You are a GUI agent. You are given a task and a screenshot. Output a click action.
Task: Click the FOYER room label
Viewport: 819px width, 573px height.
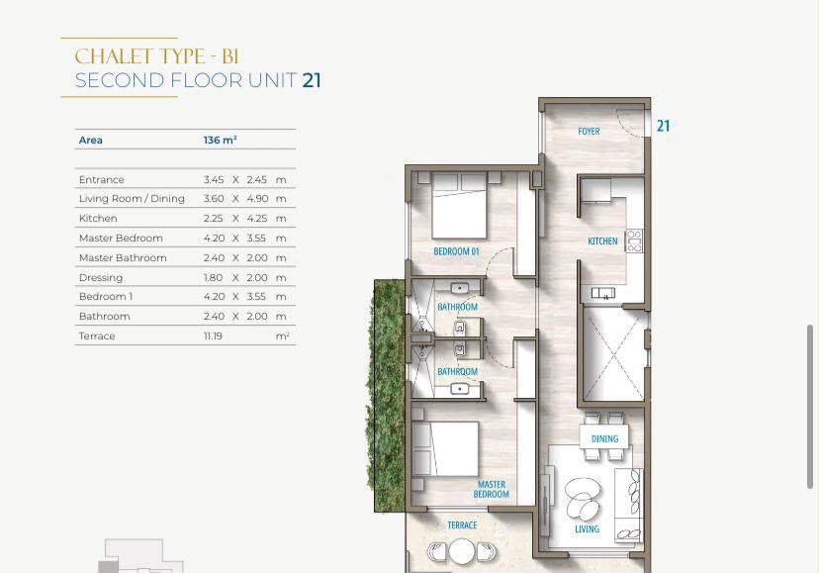589,132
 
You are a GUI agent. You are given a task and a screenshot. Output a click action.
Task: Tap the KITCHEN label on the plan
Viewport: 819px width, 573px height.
602,241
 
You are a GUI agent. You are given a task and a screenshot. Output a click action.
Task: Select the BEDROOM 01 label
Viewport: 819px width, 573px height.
456,251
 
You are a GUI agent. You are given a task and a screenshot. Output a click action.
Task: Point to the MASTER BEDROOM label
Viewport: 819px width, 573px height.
491,489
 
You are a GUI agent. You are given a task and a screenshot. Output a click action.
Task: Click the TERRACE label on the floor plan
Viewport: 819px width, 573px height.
462,525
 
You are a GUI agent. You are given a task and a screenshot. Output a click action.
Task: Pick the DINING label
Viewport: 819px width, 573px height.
604,438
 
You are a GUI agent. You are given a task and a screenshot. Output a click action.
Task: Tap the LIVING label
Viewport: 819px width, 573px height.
588,529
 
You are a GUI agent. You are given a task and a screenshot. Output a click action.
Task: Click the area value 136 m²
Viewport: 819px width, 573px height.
220,141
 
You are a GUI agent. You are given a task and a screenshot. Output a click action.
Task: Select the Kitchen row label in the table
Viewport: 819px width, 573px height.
98,218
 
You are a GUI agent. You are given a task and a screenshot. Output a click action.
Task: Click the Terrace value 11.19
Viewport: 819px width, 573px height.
213,336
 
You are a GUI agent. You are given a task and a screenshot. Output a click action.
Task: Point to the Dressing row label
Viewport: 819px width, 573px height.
101,278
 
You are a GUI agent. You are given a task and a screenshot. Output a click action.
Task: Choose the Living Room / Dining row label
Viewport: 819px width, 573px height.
132,199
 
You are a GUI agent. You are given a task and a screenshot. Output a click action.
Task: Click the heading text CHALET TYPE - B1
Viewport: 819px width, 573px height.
156,56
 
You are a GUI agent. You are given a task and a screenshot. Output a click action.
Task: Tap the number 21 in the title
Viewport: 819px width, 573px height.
312,80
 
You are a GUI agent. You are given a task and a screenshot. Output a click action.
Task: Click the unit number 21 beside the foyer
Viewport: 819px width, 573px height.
663,126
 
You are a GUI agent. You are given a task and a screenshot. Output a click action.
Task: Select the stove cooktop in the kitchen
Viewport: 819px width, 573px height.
634,241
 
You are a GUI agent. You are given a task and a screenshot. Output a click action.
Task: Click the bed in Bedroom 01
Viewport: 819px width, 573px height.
460,206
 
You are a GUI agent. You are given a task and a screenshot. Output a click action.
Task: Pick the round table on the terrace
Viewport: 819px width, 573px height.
462,551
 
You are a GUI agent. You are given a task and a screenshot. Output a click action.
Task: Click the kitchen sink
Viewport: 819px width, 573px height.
602,293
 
